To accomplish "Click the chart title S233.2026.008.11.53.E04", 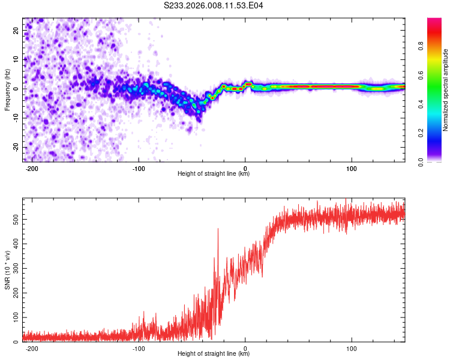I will point(214,5).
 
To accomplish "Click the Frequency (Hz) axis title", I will point(7,89).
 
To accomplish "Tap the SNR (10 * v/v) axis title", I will point(7,270).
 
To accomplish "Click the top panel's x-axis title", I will point(214,174).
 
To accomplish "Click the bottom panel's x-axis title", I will point(214,354).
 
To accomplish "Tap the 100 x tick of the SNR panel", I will point(352,349).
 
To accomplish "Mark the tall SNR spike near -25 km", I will point(218,229).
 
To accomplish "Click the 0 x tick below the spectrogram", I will point(245,169).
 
